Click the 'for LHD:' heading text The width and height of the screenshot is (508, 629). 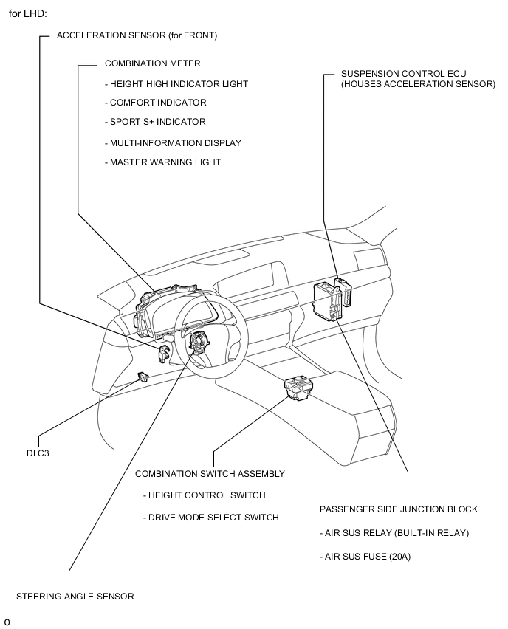pyautogui.click(x=27, y=13)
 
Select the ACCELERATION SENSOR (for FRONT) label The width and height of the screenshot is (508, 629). pyautogui.click(x=137, y=35)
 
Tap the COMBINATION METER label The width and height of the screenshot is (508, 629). pyautogui.click(x=153, y=63)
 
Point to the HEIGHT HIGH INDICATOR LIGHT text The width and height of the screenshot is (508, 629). pyautogui.click(x=176, y=84)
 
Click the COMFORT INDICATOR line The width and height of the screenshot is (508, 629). pyautogui.click(x=156, y=103)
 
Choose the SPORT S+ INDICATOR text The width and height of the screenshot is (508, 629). pyautogui.click(x=155, y=122)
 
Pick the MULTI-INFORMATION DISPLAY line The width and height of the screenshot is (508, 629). pyautogui.click(x=173, y=143)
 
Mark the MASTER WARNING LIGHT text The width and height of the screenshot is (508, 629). pyautogui.click(x=163, y=162)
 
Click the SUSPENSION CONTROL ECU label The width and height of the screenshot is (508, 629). pyautogui.click(x=404, y=74)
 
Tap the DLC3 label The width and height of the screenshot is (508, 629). pyautogui.click(x=38, y=453)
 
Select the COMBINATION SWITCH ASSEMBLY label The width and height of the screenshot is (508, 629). pyautogui.click(x=210, y=474)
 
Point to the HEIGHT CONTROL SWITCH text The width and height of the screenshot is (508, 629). pyautogui.click(x=205, y=495)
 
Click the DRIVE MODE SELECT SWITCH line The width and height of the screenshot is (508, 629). pyautogui.click(x=211, y=518)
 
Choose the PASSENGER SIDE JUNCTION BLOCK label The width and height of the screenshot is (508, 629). pyautogui.click(x=399, y=509)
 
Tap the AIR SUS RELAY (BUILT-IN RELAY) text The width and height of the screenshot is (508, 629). pyautogui.click(x=394, y=533)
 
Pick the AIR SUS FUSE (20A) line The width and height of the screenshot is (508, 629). pyautogui.click(x=365, y=557)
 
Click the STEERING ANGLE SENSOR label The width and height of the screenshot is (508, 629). pyautogui.click(x=75, y=597)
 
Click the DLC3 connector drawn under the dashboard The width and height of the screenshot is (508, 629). pyautogui.click(x=143, y=377)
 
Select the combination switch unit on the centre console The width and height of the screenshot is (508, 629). pyautogui.click(x=298, y=388)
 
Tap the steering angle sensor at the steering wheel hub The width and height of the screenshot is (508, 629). pyautogui.click(x=199, y=340)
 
